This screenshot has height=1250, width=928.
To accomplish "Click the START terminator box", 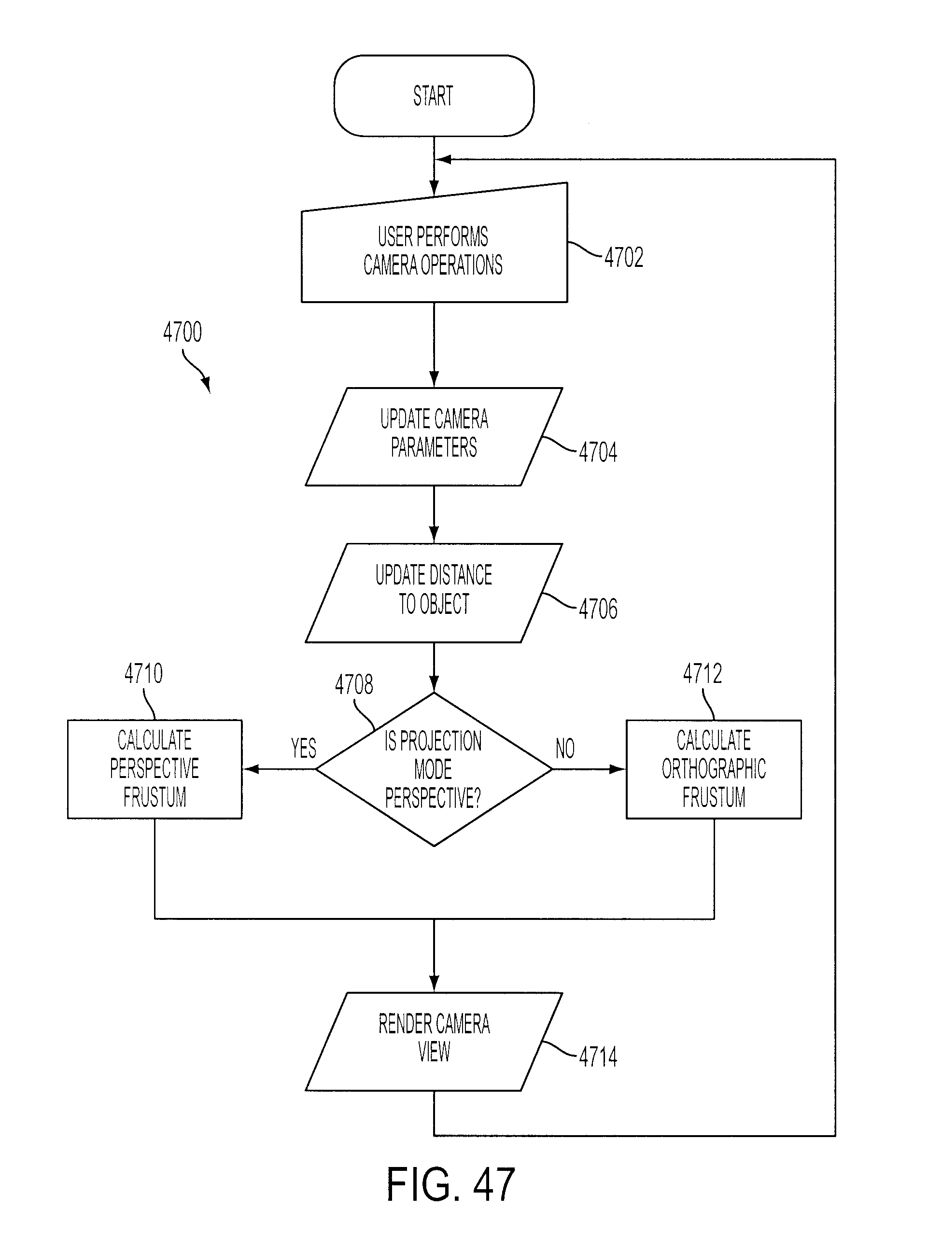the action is (434, 96).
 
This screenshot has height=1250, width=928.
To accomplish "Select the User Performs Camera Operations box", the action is (434, 247).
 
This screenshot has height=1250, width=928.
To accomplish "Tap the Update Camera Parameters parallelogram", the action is (434, 436).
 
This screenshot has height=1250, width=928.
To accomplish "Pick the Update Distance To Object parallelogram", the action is (434, 593).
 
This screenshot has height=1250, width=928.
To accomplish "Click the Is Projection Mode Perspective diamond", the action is (434, 769).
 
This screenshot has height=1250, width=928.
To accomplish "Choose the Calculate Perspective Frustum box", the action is (155, 769).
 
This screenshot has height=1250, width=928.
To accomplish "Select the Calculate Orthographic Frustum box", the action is (714, 769).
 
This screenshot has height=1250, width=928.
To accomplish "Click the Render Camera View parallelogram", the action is (434, 1041).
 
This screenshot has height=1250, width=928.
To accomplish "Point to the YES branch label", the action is (303, 748).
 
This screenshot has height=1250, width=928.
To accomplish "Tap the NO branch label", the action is (565, 748).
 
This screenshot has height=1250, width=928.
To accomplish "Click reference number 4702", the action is (623, 257).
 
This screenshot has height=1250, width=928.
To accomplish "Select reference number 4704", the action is (598, 452).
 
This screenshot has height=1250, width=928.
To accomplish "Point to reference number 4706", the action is (598, 609).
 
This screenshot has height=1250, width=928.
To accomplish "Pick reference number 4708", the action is (354, 684).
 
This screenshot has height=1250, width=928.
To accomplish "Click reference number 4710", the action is (144, 673).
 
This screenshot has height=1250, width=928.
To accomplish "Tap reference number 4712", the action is (702, 673).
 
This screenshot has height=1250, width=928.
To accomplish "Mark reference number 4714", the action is (598, 1057).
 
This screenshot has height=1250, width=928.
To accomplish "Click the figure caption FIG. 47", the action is (450, 1184).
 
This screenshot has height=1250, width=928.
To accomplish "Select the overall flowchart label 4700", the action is (183, 332).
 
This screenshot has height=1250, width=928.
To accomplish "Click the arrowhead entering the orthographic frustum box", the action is (618, 769).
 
